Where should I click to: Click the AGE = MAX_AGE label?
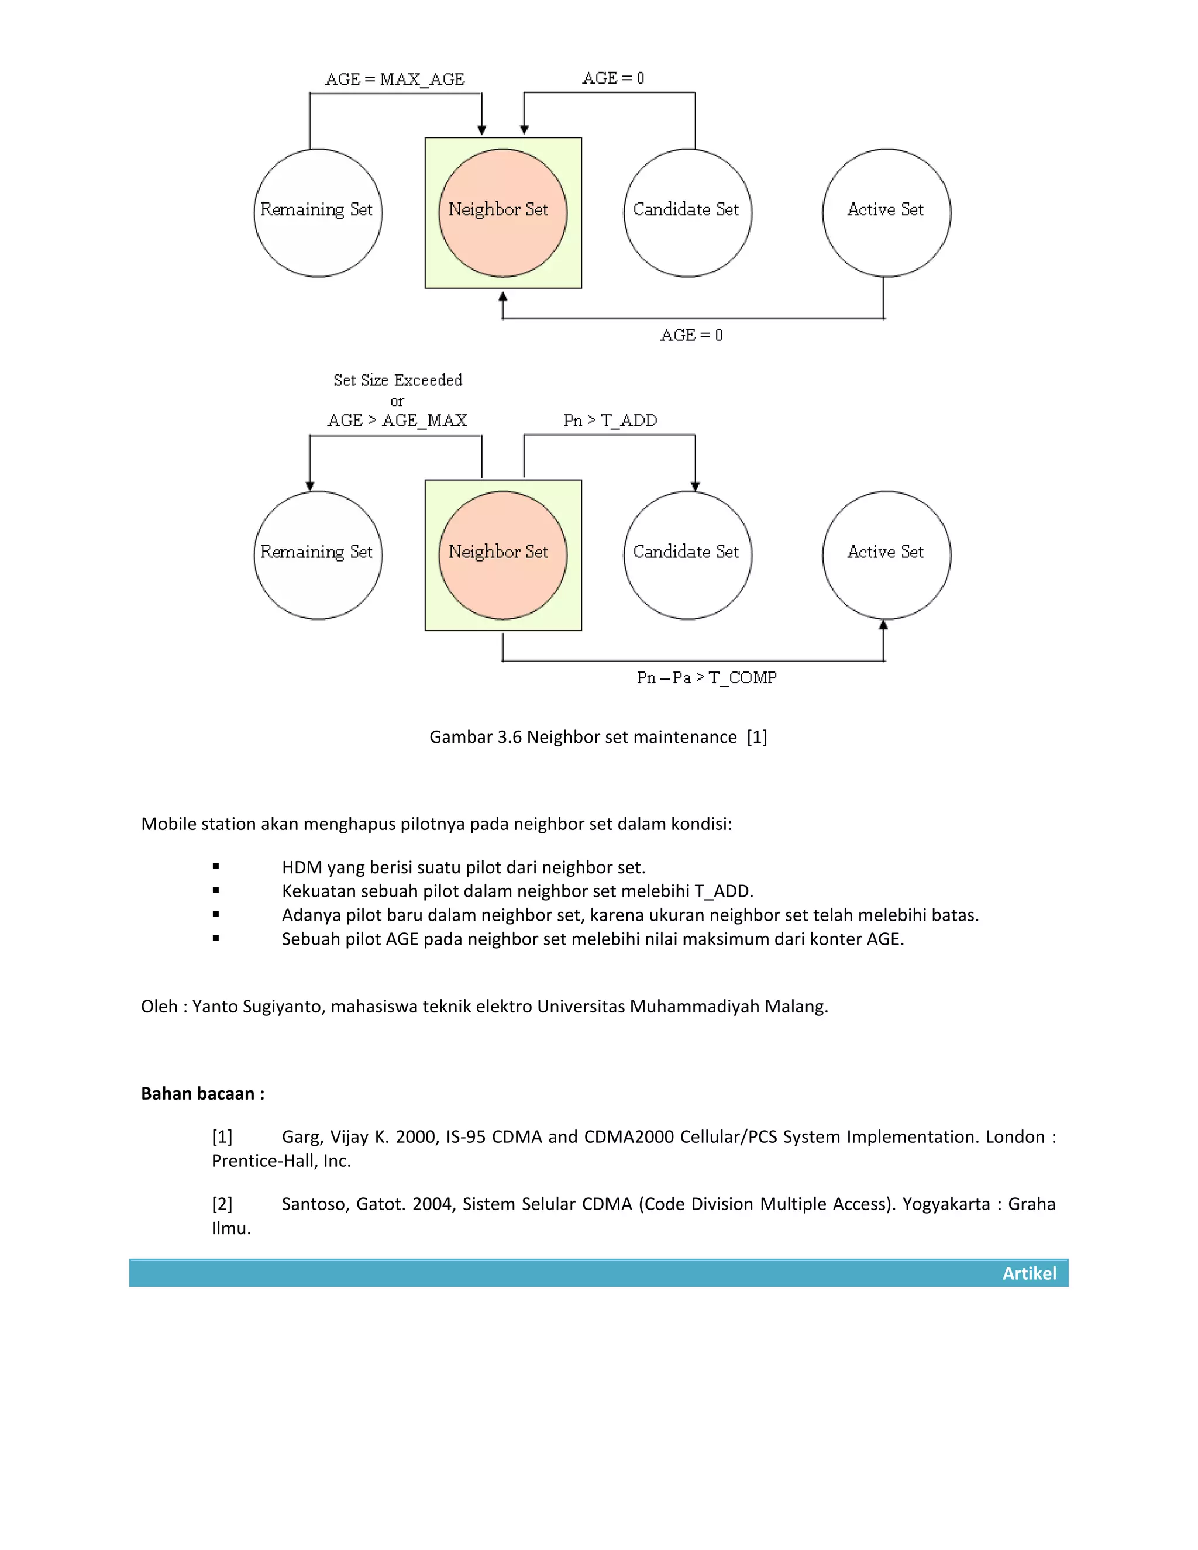tap(395, 80)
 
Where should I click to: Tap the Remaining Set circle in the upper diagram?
tap(318, 213)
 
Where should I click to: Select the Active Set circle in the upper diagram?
tap(886, 213)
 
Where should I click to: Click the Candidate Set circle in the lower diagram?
tap(687, 555)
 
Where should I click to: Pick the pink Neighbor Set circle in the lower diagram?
tap(502, 555)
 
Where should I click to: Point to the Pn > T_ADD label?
tap(610, 421)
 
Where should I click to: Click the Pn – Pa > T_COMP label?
tap(706, 678)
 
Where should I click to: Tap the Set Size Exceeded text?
tap(397, 380)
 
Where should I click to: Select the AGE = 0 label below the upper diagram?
tap(691, 336)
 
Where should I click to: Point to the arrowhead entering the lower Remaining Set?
tap(309, 486)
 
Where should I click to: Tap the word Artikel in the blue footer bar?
tap(1029, 1273)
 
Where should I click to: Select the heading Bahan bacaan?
tap(202, 1094)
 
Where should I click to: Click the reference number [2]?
tap(222, 1204)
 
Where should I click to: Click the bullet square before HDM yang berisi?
tap(216, 867)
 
